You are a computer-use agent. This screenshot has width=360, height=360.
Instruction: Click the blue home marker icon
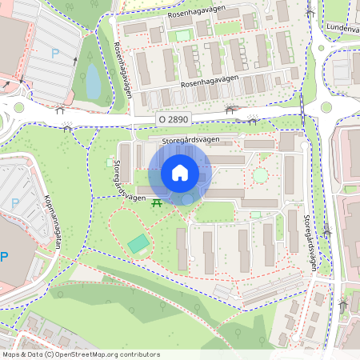pyautogui.click(x=180, y=173)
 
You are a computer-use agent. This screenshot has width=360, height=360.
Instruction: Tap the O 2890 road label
pyautogui.click(x=173, y=118)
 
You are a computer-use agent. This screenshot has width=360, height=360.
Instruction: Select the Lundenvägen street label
pyautogui.click(x=343, y=26)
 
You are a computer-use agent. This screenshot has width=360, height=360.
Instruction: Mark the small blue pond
pyautogui.click(x=93, y=80)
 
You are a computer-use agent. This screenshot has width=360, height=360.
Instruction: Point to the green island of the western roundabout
pyautogui.click(x=19, y=107)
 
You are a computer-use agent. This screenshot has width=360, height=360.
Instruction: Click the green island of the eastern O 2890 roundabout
pyautogui.click(x=326, y=107)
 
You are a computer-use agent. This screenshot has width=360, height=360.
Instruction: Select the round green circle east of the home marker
pyautogui.click(x=260, y=174)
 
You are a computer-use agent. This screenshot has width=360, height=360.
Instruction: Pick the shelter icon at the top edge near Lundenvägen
pyautogui.click(x=310, y=11)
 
